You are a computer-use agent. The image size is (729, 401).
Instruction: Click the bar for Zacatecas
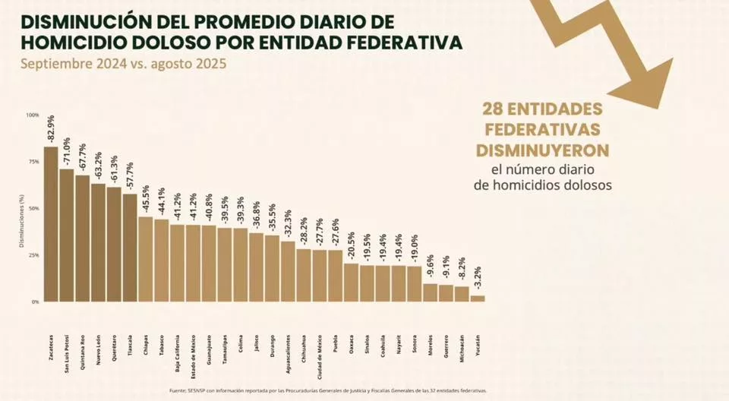point(51,224)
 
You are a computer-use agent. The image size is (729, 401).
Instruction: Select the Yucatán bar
point(477,298)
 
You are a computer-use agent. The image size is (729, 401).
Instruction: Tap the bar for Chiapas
point(146,259)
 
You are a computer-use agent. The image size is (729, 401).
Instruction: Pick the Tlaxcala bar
point(130,248)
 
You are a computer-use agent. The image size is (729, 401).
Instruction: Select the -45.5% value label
point(146,200)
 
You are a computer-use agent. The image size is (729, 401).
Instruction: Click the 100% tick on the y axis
point(33,115)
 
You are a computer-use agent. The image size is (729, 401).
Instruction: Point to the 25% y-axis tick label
point(34,255)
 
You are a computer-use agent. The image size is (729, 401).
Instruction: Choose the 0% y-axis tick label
point(35,302)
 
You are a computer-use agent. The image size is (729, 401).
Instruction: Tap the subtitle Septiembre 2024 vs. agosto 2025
point(124,64)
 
